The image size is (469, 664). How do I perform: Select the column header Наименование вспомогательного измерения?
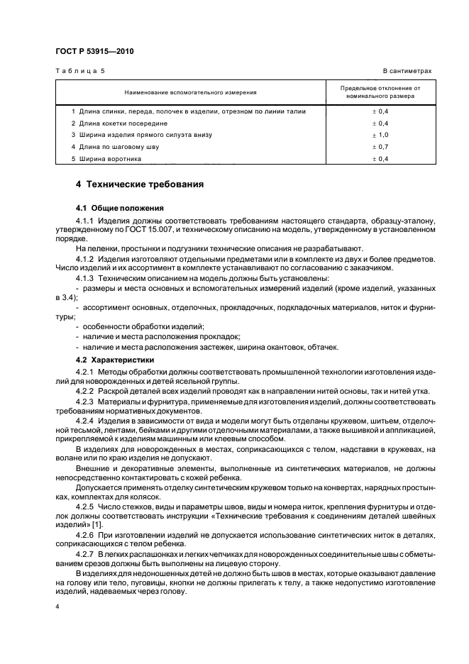(x=190, y=92)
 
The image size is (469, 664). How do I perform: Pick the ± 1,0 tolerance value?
(x=380, y=135)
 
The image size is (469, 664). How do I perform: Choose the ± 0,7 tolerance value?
(x=380, y=147)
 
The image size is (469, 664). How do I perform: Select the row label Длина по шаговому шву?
(x=118, y=147)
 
